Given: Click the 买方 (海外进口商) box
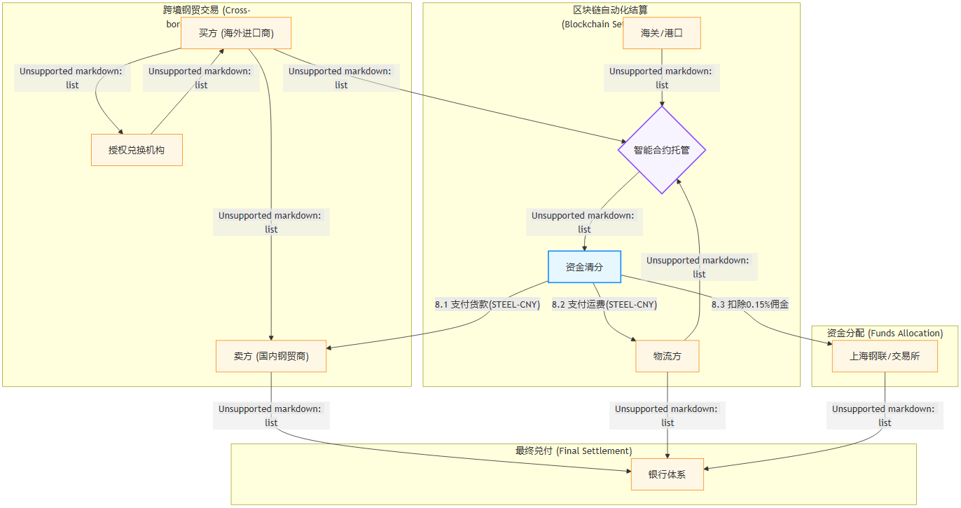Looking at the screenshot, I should click(236, 33).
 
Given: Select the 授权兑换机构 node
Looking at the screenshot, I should click(137, 150).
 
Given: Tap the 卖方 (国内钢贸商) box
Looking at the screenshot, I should click(272, 356).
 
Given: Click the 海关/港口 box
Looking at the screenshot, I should click(662, 33).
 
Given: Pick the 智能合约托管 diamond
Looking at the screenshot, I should click(662, 150).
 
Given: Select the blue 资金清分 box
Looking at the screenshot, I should click(584, 267).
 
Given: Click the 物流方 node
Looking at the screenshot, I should click(668, 356).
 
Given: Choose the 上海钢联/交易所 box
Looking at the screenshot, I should click(885, 356).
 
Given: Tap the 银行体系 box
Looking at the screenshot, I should click(667, 474).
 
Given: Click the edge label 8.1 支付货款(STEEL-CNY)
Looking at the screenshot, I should click(488, 305).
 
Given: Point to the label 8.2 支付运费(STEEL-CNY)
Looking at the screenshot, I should click(604, 305).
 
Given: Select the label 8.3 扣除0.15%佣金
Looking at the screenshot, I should click(750, 305).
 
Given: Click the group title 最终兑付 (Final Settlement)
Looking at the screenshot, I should click(574, 451).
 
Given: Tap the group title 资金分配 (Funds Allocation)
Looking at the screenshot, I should click(885, 333).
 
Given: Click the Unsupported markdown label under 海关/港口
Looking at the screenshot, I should click(662, 78).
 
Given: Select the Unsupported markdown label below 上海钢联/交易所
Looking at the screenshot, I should click(885, 416).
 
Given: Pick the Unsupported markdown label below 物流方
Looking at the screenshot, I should click(668, 416).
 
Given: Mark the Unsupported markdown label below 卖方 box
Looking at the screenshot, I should click(272, 416).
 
